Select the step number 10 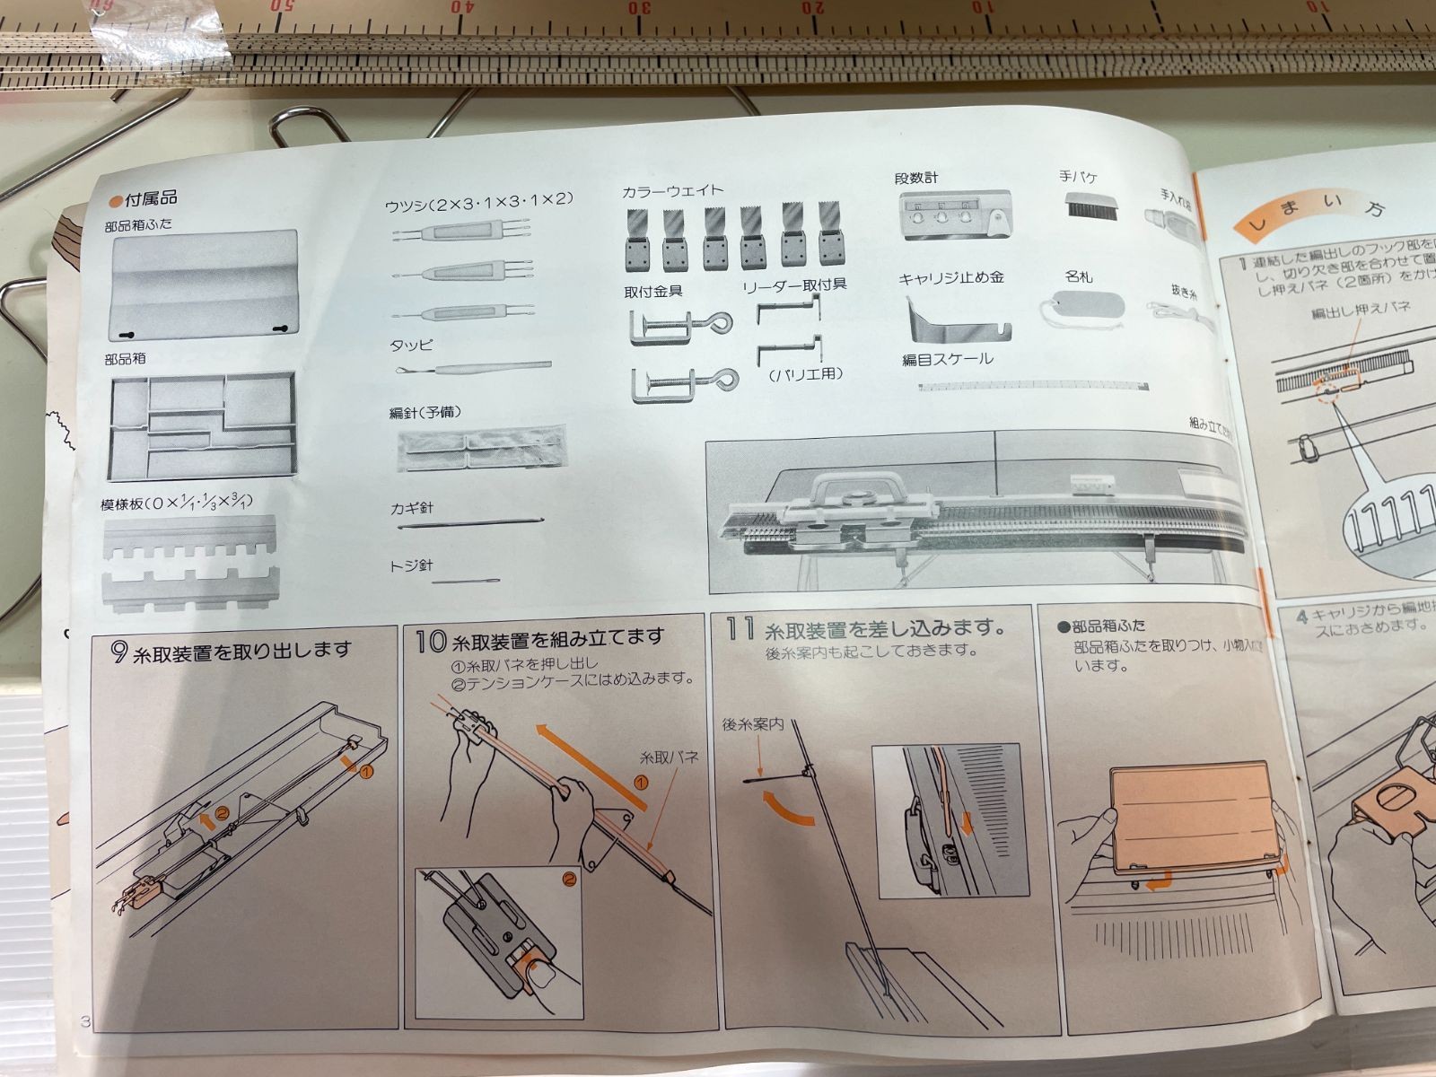point(431,641)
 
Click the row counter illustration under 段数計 point(954,215)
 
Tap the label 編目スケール point(947,359)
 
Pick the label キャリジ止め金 point(950,278)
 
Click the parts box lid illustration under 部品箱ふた point(204,284)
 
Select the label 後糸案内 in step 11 point(753,723)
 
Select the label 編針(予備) point(425,413)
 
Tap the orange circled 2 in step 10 point(568,879)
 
